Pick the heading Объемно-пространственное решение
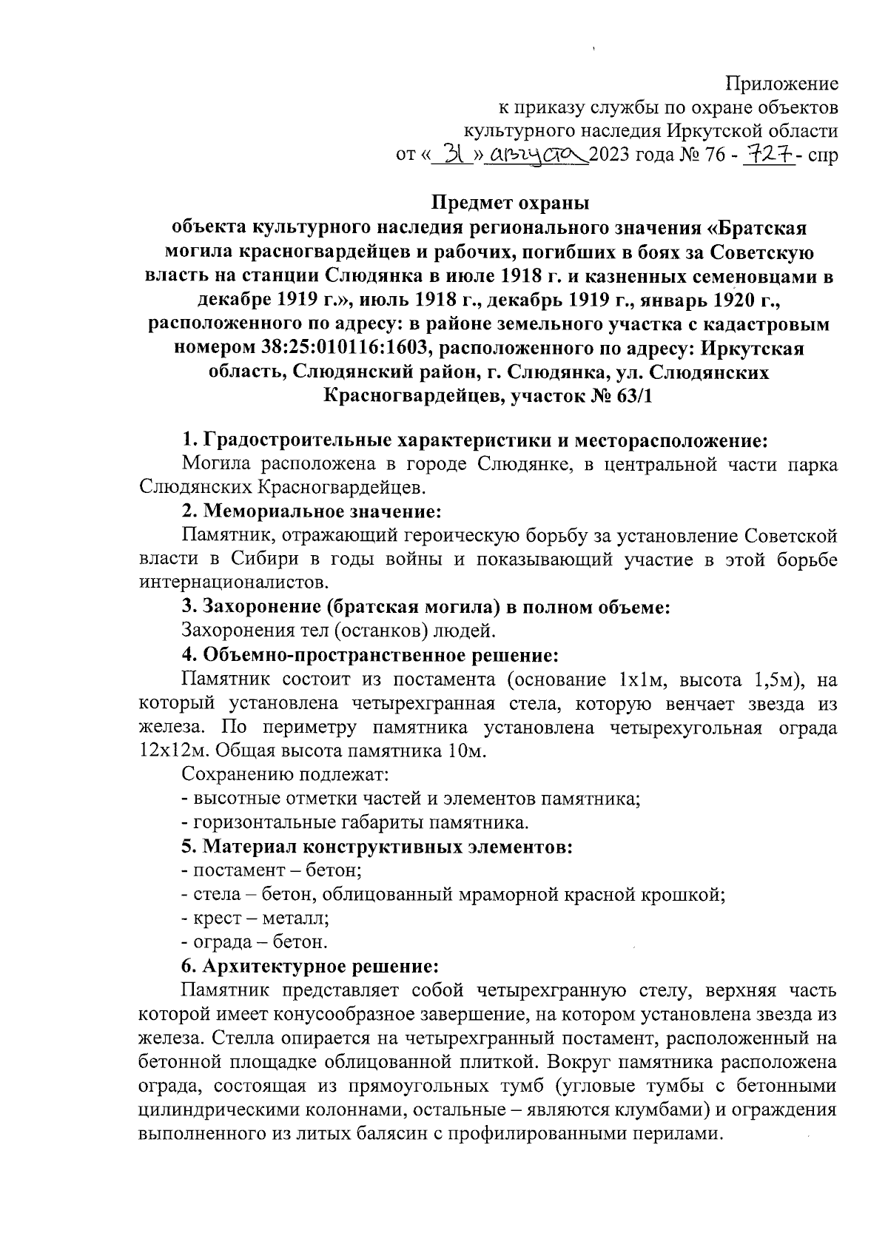click(378, 655)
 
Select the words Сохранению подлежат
click(285, 775)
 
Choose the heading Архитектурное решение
click(320, 967)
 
